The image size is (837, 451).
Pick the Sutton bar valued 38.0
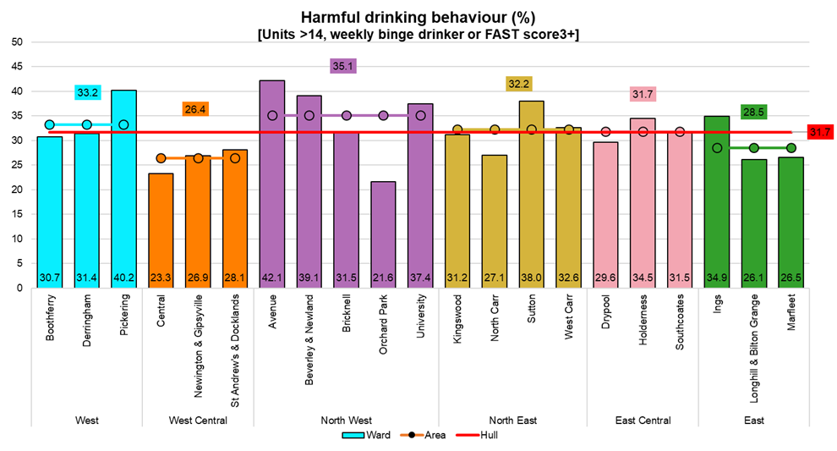coord(531,194)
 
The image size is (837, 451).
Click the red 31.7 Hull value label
coord(819,132)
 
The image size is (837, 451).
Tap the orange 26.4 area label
coord(197,109)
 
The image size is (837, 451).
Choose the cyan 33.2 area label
coord(86,92)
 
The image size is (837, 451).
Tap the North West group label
coord(346,420)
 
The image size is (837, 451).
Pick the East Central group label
coord(643,420)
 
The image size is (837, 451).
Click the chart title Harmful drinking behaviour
coord(418,17)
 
